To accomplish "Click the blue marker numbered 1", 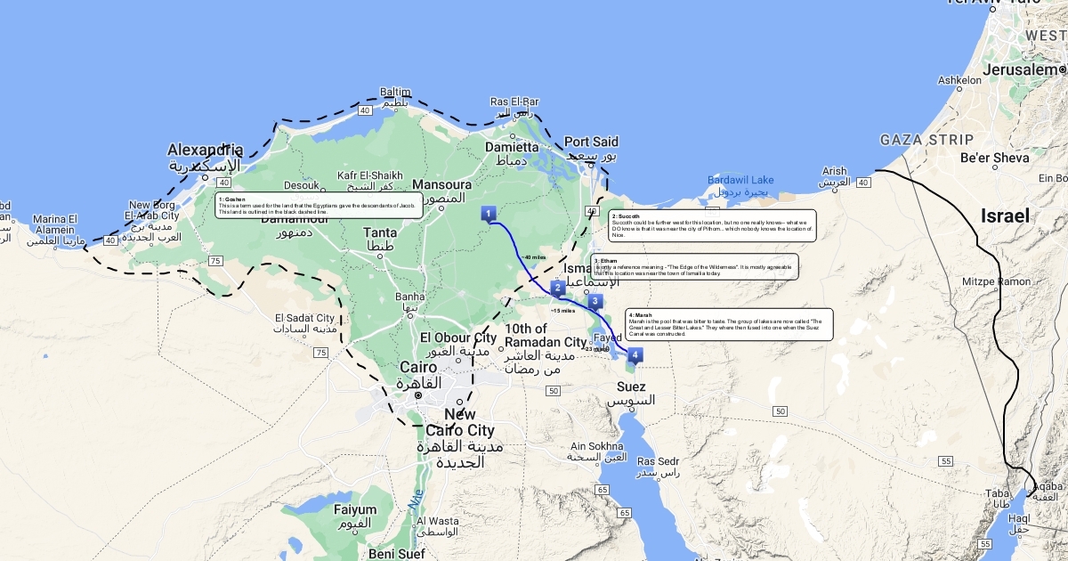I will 489,214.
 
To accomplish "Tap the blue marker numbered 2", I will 558,288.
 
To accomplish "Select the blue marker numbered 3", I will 595,302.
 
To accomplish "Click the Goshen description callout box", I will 319,206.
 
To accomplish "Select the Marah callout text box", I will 730,324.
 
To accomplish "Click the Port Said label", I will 591,142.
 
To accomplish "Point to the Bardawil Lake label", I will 740,180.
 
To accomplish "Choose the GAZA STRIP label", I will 926,140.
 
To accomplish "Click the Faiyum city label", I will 355,510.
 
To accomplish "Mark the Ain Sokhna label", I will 602,446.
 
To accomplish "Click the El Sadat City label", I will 304,318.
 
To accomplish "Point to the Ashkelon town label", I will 959,80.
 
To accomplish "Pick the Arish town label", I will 834,171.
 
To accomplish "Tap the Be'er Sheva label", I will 994,158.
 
